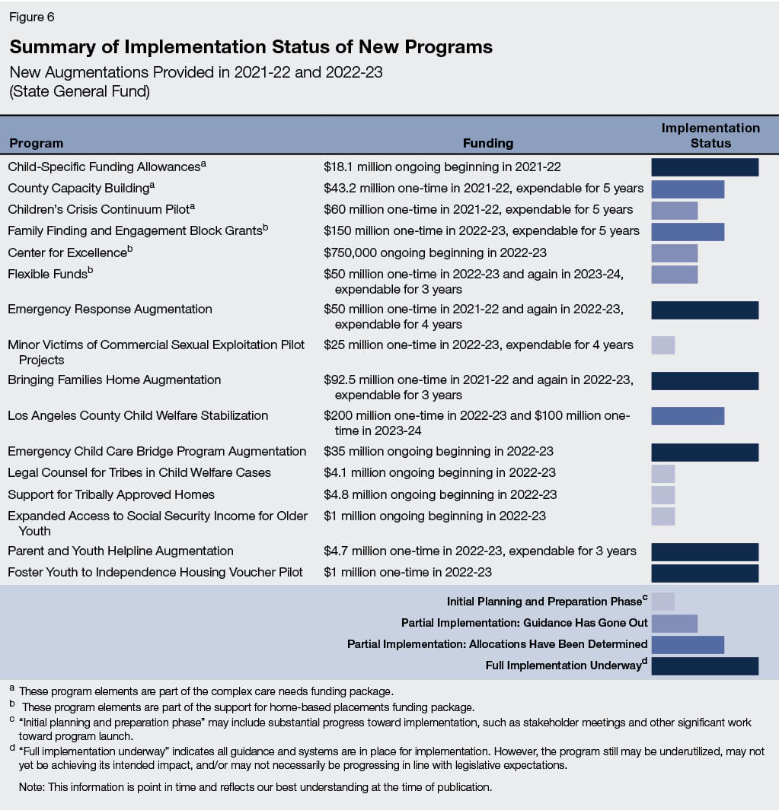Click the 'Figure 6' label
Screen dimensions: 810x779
[x=32, y=16]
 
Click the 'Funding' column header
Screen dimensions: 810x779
[x=488, y=143]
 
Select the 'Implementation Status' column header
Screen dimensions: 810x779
[x=710, y=135]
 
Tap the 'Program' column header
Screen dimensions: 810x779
[x=36, y=143]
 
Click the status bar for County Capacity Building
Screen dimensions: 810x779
[x=687, y=189]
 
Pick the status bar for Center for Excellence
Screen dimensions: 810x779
[x=674, y=253]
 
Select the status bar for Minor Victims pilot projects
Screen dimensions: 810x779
[x=662, y=345]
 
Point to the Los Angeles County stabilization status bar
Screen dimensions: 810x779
[x=687, y=416]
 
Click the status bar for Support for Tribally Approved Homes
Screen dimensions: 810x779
[x=662, y=495]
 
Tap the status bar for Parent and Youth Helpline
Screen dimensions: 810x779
[x=704, y=551]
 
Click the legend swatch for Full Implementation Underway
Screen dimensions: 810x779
[x=704, y=665]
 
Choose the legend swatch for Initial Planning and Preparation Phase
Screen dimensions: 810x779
[x=662, y=602]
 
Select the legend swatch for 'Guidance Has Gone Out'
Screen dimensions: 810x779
[x=674, y=623]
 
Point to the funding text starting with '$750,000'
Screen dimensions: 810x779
[x=435, y=253]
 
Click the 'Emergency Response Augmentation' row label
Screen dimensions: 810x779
[x=110, y=310]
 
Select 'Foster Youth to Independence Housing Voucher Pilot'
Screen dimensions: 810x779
[x=155, y=572]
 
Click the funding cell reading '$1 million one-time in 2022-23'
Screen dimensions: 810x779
[x=407, y=572]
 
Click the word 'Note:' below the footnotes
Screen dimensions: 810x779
[x=32, y=787]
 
